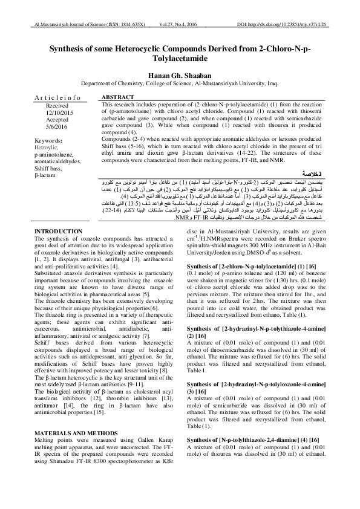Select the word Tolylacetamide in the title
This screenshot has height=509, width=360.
click(180, 58)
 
